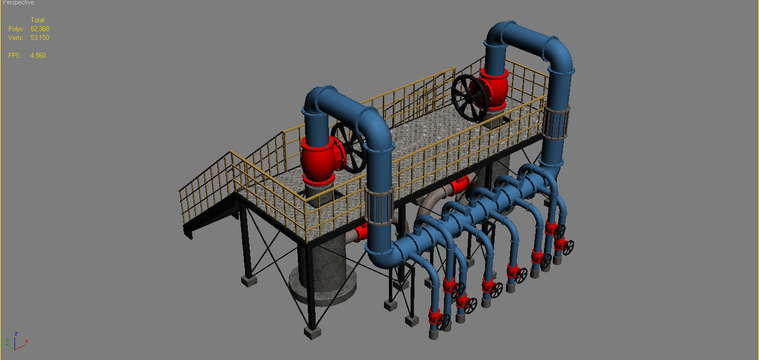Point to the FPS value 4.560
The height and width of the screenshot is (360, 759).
(38, 56)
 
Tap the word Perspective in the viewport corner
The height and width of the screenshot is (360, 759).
(18, 3)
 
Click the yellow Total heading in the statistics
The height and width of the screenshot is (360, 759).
(37, 20)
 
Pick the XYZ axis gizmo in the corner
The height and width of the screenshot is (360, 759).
(17, 342)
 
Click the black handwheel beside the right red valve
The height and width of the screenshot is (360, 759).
(470, 98)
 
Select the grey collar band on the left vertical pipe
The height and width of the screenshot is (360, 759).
(379, 207)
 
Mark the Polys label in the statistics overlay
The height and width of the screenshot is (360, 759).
(16, 29)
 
